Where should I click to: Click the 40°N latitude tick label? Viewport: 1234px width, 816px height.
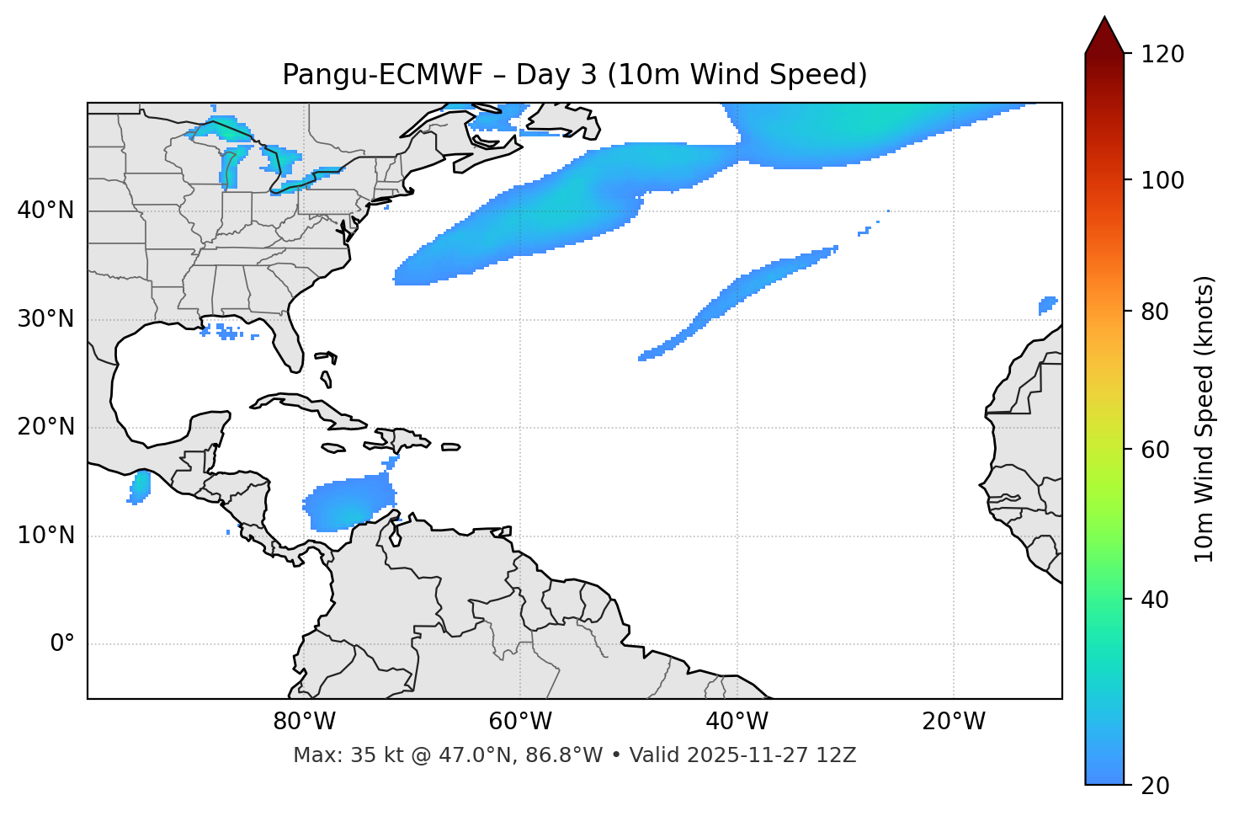point(45,211)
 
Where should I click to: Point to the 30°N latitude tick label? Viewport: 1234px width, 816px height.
point(45,319)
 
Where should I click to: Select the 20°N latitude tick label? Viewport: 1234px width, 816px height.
point(45,427)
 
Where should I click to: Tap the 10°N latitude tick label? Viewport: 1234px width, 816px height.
point(45,536)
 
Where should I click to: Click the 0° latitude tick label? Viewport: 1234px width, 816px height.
point(62,644)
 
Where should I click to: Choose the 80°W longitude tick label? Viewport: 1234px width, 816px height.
point(304,722)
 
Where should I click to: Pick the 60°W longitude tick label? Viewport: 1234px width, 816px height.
point(520,722)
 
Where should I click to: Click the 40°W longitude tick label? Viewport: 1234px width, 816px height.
point(737,722)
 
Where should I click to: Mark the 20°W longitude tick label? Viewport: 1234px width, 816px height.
point(954,722)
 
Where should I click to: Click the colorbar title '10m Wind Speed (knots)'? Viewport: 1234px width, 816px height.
point(1205,419)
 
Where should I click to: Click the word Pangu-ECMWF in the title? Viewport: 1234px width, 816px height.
point(382,75)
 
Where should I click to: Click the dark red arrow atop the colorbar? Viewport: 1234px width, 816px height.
point(1104,35)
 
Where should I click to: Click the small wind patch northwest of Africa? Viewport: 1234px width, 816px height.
point(1048,304)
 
